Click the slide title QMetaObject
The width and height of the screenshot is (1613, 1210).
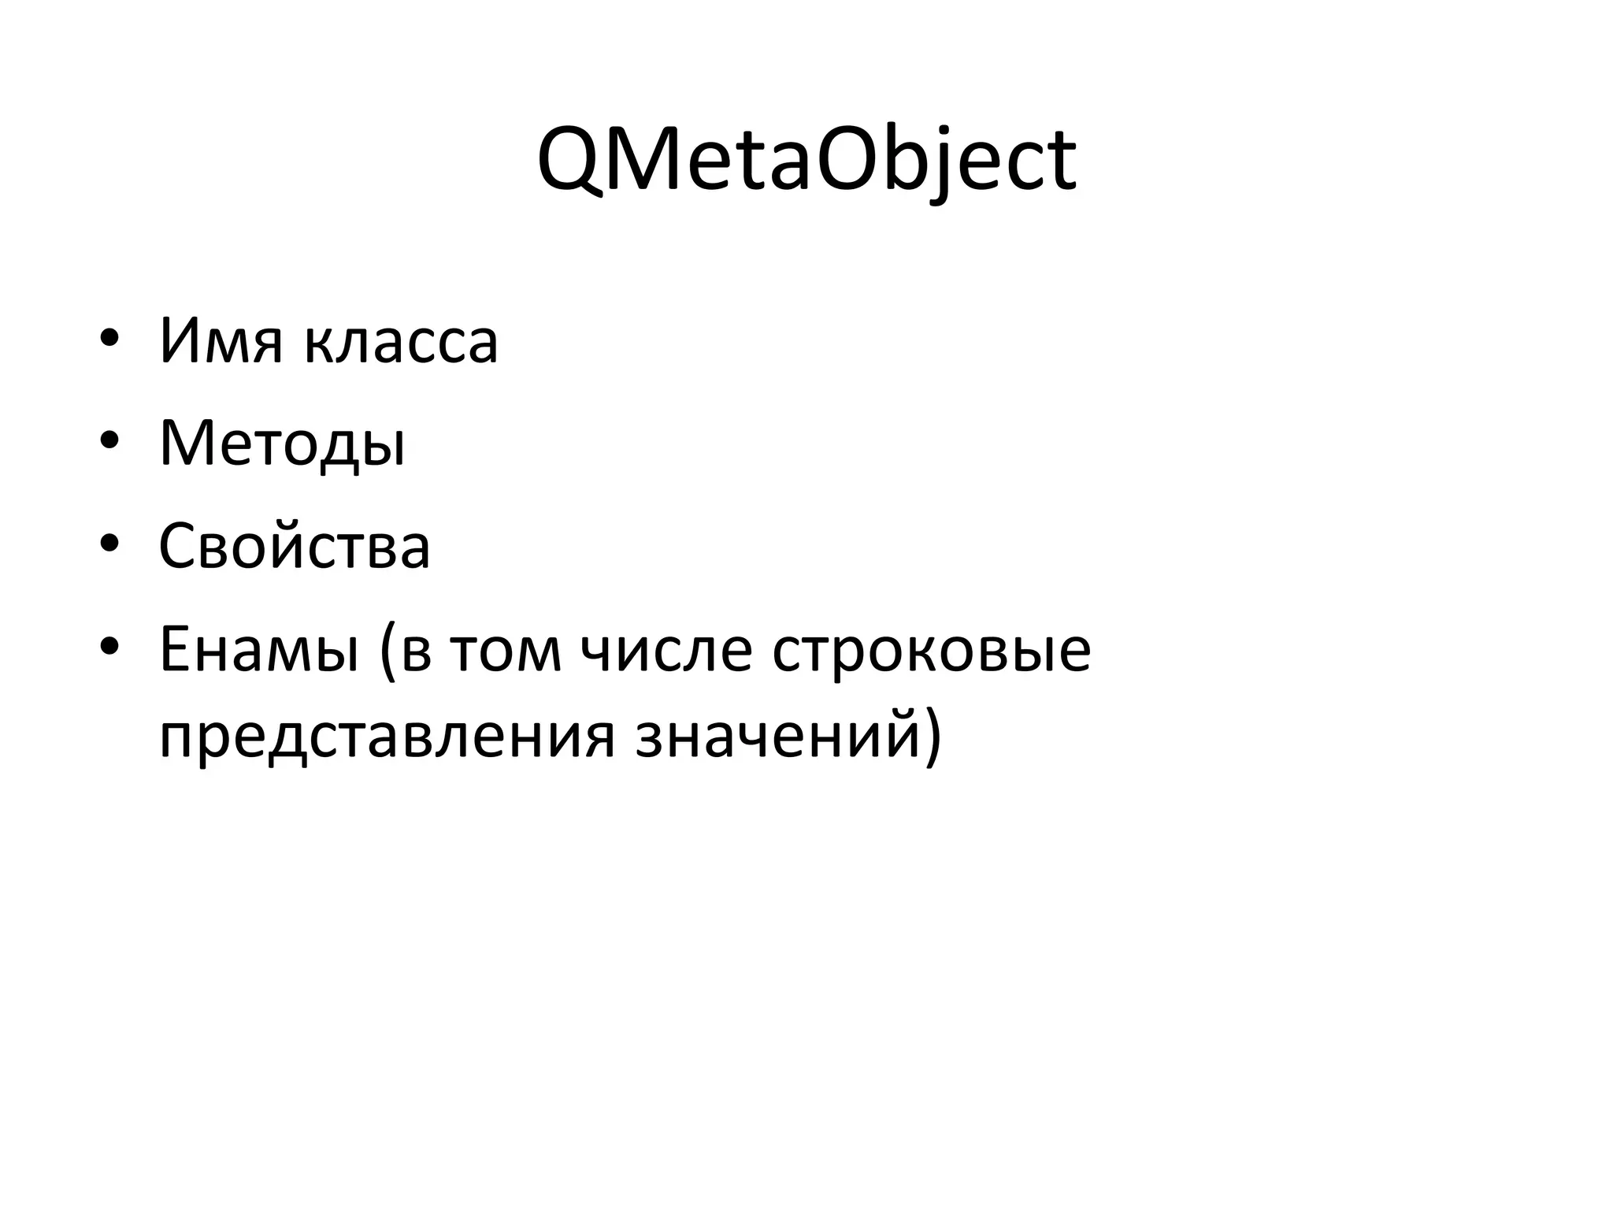point(806,161)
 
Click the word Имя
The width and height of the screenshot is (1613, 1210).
point(220,341)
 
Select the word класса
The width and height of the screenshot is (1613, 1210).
point(401,343)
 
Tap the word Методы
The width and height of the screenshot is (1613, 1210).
point(283,444)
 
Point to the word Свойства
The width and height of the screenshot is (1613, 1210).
point(295,546)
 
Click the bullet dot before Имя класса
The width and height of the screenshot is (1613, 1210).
point(109,340)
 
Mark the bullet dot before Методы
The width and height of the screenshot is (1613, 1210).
point(109,442)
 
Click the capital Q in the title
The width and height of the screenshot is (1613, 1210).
point(569,162)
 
